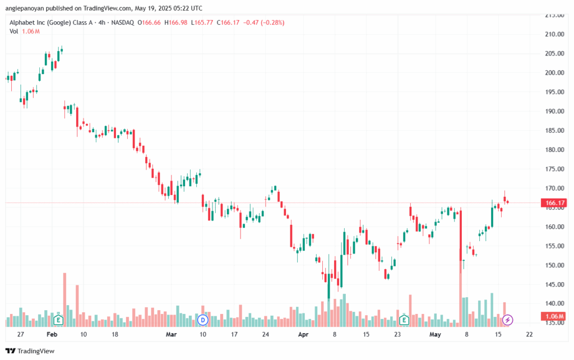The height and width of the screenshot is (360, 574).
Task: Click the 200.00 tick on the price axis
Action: tap(554, 73)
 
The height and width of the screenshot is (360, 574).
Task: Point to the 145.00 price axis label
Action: tap(554, 284)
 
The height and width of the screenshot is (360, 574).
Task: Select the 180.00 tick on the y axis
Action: tap(554, 150)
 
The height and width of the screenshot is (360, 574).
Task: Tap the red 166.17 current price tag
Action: tap(554, 202)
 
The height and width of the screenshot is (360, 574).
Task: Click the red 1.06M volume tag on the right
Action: tap(554, 316)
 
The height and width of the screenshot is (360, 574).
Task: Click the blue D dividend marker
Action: tap(202, 320)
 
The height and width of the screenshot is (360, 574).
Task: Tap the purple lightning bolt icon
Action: tap(507, 320)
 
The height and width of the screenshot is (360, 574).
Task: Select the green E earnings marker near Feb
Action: tap(58, 320)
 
